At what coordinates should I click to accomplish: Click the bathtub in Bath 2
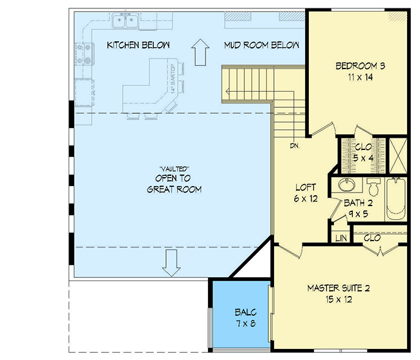tap(395, 199)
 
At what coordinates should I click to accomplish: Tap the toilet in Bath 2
tap(373, 188)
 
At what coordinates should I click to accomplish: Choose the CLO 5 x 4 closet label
tap(363, 151)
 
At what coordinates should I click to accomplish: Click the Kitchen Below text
tap(138, 45)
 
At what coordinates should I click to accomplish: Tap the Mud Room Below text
tap(262, 45)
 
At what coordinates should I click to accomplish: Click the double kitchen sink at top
tap(125, 23)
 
